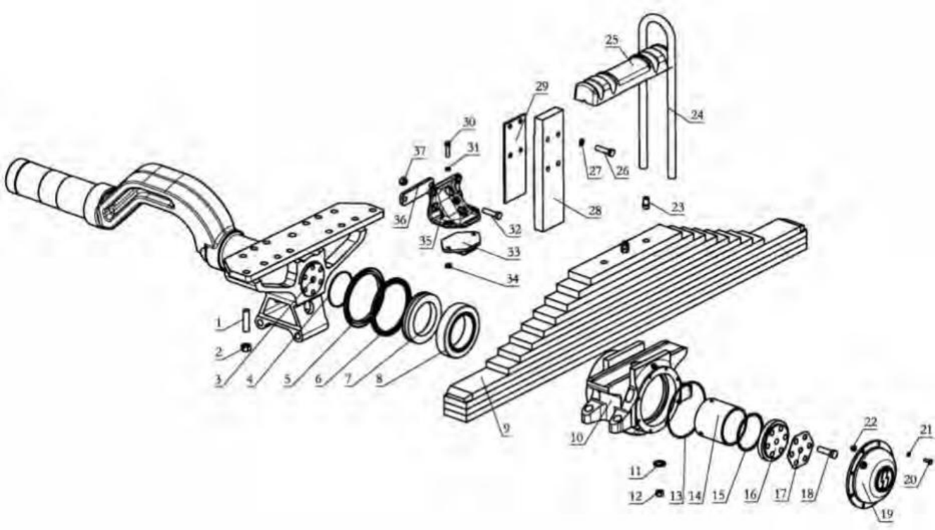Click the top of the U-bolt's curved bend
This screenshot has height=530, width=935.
[657, 16]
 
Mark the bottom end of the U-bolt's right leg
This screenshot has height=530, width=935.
[671, 178]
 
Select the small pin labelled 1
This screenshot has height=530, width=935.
[246, 321]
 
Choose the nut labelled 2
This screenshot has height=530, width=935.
[246, 347]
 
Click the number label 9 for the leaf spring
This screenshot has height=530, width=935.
[506, 429]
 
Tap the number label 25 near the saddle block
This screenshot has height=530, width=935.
[612, 40]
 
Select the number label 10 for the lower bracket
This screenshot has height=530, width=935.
[577, 438]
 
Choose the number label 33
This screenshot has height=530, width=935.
[513, 252]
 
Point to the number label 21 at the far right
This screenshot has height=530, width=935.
[926, 430]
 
